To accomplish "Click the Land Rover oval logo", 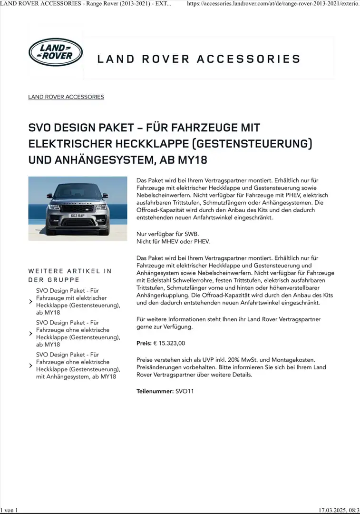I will coord(56,52).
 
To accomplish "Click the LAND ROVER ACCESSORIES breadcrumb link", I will coord(66,97).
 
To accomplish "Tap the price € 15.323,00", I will coord(169,343).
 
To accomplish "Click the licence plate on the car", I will coord(77,216).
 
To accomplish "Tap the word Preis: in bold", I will coord(144,343).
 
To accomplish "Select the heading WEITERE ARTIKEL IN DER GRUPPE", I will coord(70,275).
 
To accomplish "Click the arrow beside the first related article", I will coord(31,301).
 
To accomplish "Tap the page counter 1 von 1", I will coord(9,510).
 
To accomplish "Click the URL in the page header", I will coord(273,4).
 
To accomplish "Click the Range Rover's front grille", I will coord(78,206).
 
